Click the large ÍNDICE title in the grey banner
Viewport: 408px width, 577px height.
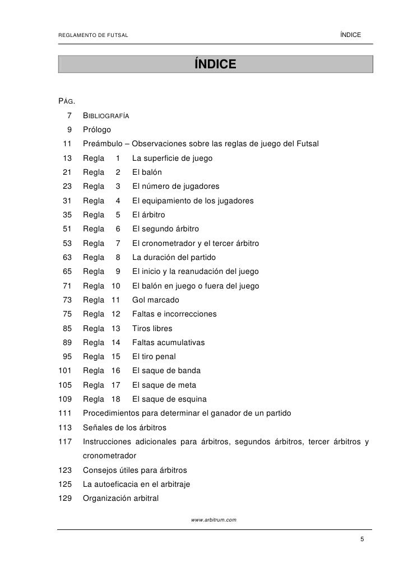coord(215,64)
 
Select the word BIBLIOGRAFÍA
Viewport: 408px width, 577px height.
coord(106,116)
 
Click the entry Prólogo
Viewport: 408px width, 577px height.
coord(97,130)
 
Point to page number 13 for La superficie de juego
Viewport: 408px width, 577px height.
coord(67,159)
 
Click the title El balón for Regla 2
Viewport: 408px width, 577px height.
coord(147,173)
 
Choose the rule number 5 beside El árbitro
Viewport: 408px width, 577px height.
coord(118,215)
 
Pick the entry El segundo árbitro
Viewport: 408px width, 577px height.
coord(165,229)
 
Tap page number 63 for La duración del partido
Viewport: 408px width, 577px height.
coord(67,258)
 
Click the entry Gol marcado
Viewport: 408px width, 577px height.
coord(156,300)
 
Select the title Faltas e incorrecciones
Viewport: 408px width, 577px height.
coord(174,314)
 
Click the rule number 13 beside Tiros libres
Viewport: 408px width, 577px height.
coord(116,329)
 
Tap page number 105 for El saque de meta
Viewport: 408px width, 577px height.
coord(66,385)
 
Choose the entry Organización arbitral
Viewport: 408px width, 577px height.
coord(121,499)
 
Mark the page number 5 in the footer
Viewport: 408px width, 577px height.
coord(362,539)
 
